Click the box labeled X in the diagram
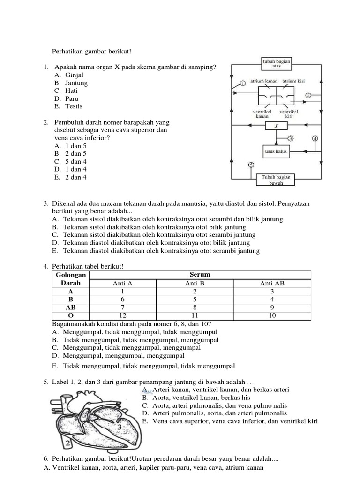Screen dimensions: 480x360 (276, 126)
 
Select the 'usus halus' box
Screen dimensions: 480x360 (276, 151)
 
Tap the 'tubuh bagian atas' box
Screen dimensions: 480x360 (276, 63)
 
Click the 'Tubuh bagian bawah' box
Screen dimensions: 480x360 (276, 180)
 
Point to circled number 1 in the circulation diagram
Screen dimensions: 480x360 (243, 83)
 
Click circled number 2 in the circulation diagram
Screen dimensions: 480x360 (308, 95)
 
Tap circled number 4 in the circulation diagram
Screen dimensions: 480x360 (315, 139)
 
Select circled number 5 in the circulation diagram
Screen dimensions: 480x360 (251, 165)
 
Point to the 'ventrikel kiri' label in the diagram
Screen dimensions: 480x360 (289, 114)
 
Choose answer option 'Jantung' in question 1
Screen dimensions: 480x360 (76, 83)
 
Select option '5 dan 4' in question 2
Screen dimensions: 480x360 (76, 161)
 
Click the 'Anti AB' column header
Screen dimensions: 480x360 (272, 283)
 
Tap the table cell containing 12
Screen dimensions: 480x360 (122, 315)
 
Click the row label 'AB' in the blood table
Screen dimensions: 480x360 (71, 307)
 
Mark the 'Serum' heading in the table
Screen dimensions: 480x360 (199, 275)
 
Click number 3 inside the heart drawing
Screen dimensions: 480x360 (120, 427)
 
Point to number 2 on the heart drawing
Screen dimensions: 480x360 (68, 442)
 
